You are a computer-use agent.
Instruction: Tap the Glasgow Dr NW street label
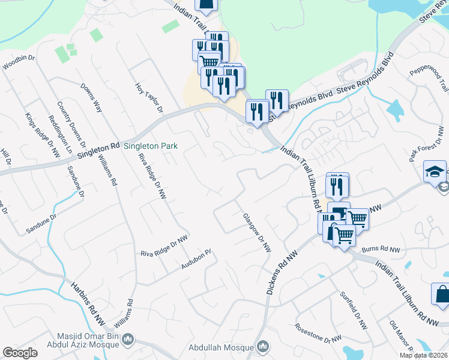coord(257,233)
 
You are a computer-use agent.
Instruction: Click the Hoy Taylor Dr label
coord(149,98)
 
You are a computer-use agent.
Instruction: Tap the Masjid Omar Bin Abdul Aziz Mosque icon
coord(127,341)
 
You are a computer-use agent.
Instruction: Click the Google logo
coord(20,352)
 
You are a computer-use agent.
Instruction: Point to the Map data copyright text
coord(423,355)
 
